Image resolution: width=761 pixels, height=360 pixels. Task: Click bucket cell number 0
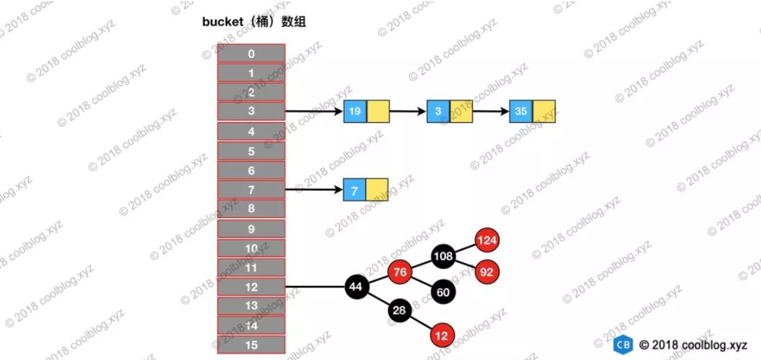click(251, 53)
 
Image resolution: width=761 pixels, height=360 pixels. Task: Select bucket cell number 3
click(251, 111)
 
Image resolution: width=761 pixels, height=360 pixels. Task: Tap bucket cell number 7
click(251, 190)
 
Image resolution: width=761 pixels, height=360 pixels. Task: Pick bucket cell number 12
click(251, 287)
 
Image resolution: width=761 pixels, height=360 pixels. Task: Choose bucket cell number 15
click(251, 345)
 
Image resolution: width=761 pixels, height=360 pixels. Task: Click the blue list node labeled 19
click(355, 111)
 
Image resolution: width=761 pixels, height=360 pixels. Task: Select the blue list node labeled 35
click(521, 111)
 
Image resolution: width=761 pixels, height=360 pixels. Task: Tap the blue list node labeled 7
click(355, 190)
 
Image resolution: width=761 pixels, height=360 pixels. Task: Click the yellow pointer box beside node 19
click(378, 111)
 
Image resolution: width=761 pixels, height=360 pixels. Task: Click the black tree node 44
click(356, 287)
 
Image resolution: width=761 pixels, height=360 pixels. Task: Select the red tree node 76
click(400, 272)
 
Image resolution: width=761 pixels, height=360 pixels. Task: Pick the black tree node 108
click(443, 256)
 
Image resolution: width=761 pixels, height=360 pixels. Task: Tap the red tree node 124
click(487, 240)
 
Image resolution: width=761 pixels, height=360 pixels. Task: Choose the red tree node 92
click(487, 271)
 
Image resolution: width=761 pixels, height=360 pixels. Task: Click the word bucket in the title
click(223, 22)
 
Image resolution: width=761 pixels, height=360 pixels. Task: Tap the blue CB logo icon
click(622, 345)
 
